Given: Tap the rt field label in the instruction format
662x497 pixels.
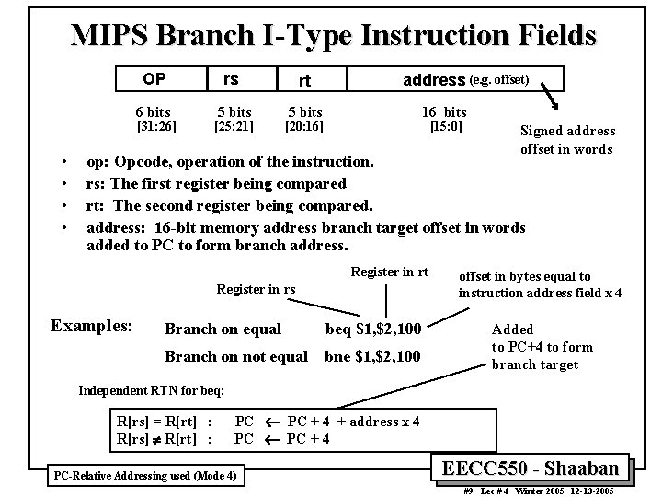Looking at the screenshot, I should click(x=304, y=82).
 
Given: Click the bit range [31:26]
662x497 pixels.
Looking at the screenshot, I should click(x=156, y=126).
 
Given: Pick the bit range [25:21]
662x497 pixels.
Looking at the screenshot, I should click(x=234, y=126).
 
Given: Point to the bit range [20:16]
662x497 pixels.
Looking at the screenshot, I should click(x=304, y=126).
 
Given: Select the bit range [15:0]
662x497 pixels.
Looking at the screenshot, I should click(x=446, y=126).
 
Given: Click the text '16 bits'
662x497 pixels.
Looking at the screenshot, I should click(x=445, y=111).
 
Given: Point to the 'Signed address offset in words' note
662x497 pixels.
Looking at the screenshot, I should click(x=567, y=140).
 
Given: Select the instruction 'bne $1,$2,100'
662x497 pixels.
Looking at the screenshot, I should click(x=376, y=356).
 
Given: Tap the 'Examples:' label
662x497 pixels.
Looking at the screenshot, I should click(x=91, y=326).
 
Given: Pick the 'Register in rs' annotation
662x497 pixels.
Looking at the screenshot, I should click(x=256, y=289).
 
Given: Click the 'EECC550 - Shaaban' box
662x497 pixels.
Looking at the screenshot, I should click(x=536, y=467).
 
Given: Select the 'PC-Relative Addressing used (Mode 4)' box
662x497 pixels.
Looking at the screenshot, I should click(x=147, y=475).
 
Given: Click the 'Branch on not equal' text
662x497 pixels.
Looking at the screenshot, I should click(x=235, y=356).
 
